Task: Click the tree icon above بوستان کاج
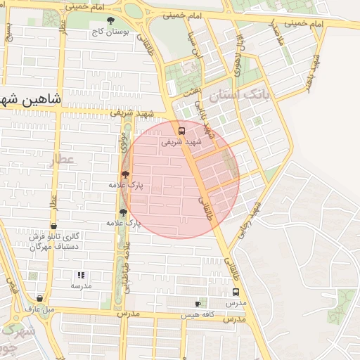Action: click(x=109, y=21)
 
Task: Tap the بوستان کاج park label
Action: click(x=109, y=32)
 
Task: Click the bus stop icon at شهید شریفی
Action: click(x=182, y=131)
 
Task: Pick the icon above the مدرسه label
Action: click(x=81, y=275)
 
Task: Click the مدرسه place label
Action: click(x=81, y=285)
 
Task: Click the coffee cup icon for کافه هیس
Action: click(x=198, y=304)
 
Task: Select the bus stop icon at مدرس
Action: click(x=236, y=292)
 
